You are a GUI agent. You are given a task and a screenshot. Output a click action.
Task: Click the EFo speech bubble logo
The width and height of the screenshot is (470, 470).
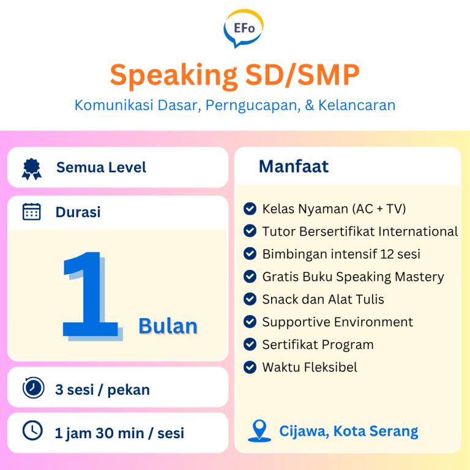[244, 28]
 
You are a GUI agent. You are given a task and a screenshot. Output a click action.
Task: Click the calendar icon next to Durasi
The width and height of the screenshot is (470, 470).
[31, 212]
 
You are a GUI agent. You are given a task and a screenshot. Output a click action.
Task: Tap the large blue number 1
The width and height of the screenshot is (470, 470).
[92, 296]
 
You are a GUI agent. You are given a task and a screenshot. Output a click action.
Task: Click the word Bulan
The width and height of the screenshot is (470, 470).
[168, 326]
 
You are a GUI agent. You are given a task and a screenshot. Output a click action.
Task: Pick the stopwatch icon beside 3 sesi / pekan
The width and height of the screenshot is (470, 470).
[33, 388]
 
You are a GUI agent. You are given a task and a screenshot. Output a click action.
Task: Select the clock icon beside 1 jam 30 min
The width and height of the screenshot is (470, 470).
[32, 431]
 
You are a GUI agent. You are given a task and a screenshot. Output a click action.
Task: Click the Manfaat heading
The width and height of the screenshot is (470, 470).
[293, 166]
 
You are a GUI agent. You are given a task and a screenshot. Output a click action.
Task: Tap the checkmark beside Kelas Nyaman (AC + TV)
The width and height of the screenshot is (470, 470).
[250, 209]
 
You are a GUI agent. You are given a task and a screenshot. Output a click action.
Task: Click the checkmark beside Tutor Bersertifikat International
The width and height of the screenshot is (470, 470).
[250, 231]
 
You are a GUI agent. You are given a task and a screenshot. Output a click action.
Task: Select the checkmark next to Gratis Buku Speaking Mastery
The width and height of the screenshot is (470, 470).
[250, 277]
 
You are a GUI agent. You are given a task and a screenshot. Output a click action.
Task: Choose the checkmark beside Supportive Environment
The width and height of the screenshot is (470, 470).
[250, 322]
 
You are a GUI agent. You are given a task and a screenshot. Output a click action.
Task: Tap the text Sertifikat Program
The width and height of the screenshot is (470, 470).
[318, 345]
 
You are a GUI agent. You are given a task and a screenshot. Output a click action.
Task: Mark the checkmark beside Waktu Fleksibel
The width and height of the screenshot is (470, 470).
[250, 367]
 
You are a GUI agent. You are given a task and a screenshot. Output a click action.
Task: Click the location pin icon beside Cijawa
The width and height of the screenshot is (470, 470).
[259, 431]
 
